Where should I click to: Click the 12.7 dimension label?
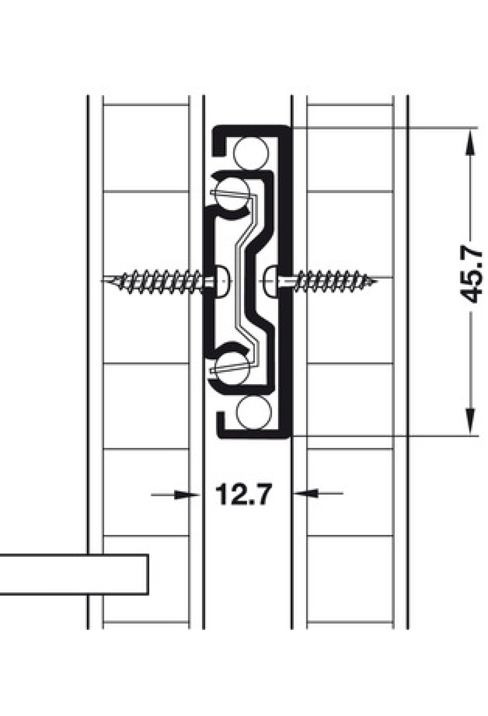click(x=243, y=494)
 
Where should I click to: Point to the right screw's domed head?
click(x=270, y=281)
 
